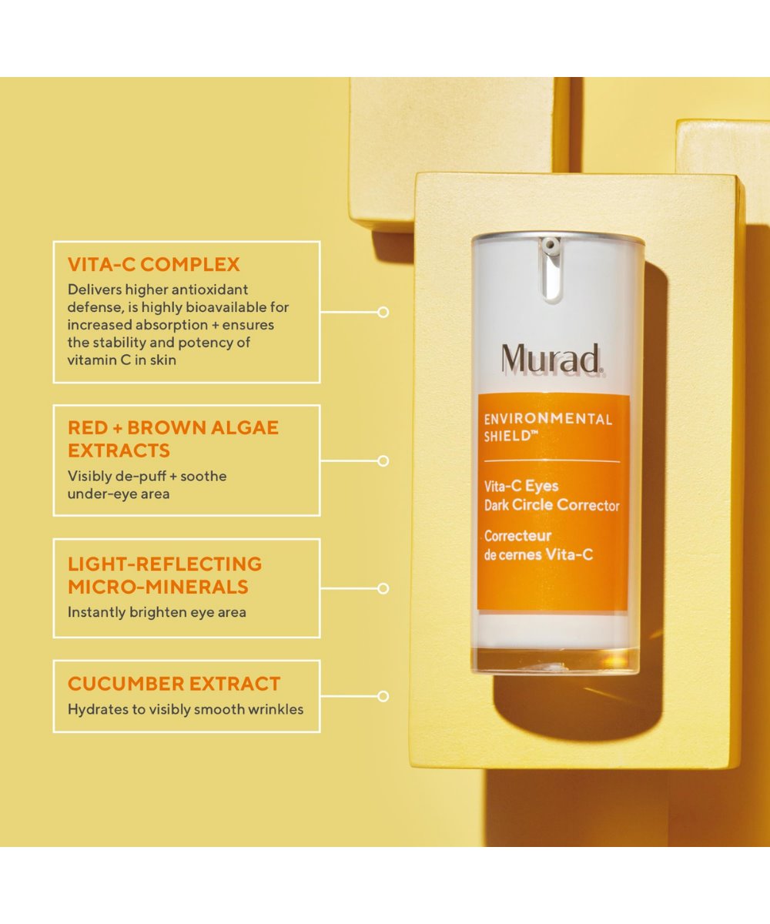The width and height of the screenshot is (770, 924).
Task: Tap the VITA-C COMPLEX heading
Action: (x=153, y=265)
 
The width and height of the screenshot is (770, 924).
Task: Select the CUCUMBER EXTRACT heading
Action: (x=174, y=684)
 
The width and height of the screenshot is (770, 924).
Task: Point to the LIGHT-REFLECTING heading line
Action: (x=165, y=564)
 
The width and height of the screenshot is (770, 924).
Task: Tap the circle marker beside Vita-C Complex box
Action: (x=383, y=312)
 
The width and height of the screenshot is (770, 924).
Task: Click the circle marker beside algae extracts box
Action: (x=383, y=460)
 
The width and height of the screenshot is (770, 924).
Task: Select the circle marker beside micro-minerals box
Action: (x=383, y=588)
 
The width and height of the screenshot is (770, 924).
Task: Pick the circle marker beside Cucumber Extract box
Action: (x=383, y=696)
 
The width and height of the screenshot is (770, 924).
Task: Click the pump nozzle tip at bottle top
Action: (x=550, y=243)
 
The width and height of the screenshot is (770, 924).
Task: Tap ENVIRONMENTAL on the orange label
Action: (x=548, y=419)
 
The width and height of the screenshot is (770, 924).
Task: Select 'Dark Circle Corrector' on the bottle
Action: (x=552, y=505)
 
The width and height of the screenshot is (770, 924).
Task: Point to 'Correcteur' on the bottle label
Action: (x=517, y=536)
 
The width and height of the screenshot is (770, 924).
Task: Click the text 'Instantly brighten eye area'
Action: (x=156, y=612)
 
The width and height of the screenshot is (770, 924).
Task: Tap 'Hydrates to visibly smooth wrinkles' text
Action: (x=186, y=709)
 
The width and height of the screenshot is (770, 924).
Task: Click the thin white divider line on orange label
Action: (x=552, y=461)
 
